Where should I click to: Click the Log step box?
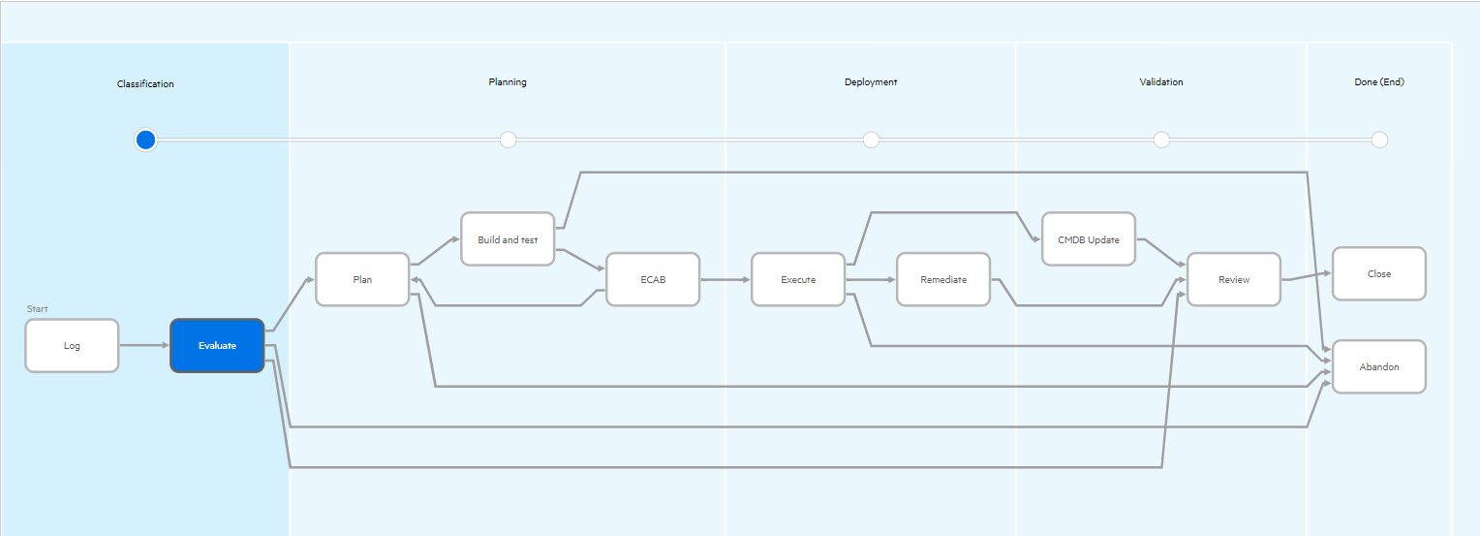click(x=72, y=345)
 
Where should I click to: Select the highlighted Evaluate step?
click(x=217, y=345)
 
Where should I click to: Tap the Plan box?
click(x=362, y=279)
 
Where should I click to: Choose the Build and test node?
click(x=508, y=239)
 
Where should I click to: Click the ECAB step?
click(x=653, y=279)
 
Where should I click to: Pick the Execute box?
click(x=798, y=279)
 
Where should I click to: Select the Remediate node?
click(x=943, y=279)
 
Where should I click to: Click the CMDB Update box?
click(x=1089, y=239)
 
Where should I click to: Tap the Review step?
click(x=1234, y=279)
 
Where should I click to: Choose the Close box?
click(x=1379, y=273)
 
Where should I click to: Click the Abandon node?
click(x=1379, y=366)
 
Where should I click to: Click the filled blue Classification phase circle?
click(x=145, y=140)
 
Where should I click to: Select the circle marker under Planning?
click(x=508, y=140)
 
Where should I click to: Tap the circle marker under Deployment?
click(x=871, y=140)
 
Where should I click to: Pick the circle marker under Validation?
click(x=1161, y=140)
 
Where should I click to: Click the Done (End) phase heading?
click(x=1378, y=82)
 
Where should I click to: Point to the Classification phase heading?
click(x=145, y=84)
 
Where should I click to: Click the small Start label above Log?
click(x=37, y=309)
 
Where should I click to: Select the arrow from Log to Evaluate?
click(x=144, y=345)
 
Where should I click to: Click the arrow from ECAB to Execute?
click(x=725, y=279)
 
